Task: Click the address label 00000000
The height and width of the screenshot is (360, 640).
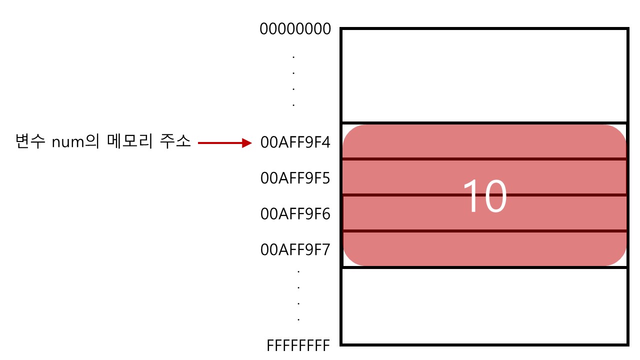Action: pyautogui.click(x=295, y=29)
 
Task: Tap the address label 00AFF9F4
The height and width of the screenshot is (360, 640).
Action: pyautogui.click(x=295, y=143)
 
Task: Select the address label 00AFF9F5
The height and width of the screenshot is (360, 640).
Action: pyautogui.click(x=295, y=178)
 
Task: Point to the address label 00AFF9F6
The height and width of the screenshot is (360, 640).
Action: pyautogui.click(x=295, y=214)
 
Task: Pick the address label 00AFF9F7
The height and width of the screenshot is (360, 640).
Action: pyautogui.click(x=295, y=249)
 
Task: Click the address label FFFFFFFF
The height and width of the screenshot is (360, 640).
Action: pyautogui.click(x=298, y=345)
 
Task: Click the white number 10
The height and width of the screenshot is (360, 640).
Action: pyautogui.click(x=484, y=196)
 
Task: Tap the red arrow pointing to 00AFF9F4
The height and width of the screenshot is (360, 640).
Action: pyautogui.click(x=224, y=143)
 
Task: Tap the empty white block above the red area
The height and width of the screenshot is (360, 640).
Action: pyautogui.click(x=484, y=75)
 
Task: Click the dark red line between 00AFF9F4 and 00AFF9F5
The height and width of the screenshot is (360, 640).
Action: pyautogui.click(x=484, y=159)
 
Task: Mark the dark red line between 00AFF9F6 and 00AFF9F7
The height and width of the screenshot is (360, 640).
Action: pyautogui.click(x=484, y=230)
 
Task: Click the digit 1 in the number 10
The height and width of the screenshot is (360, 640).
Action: pyautogui.click(x=470, y=196)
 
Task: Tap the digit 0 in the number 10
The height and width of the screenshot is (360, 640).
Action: pyautogui.click(x=494, y=196)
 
